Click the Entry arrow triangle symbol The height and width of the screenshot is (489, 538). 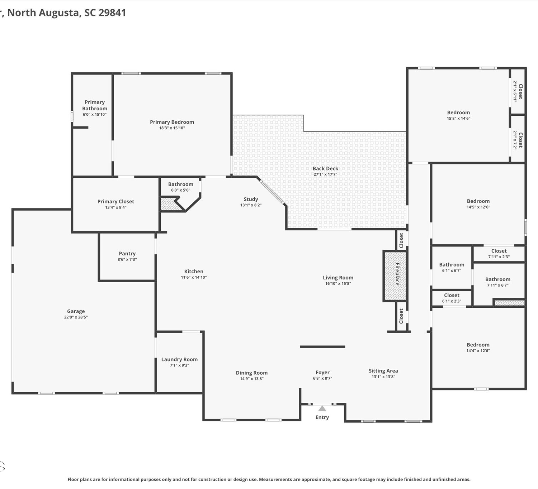tap(322, 408)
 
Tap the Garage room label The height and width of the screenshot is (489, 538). tap(76, 311)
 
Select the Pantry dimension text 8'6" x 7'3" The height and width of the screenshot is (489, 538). tap(127, 259)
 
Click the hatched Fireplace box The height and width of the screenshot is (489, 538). tap(395, 276)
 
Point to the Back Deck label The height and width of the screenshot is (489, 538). tap(325, 168)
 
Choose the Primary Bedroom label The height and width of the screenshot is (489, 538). tap(172, 122)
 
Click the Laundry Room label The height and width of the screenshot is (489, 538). tap(179, 359)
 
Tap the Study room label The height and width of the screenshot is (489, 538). tap(251, 199)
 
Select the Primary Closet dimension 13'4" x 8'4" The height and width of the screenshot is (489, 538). tap(115, 207)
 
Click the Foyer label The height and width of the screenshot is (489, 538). tap(322, 373)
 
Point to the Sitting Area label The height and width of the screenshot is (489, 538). tap(383, 371)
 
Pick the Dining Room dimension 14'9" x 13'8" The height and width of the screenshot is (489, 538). tap(251, 379)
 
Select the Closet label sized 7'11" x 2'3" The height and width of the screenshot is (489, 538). tap(499, 251)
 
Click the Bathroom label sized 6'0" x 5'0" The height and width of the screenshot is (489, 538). tap(180, 184)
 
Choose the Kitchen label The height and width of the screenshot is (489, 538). tap(194, 272)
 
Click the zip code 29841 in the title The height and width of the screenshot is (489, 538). tap(112, 13)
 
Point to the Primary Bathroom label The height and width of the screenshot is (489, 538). tap(95, 105)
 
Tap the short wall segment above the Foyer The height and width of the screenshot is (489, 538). tap(322, 347)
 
